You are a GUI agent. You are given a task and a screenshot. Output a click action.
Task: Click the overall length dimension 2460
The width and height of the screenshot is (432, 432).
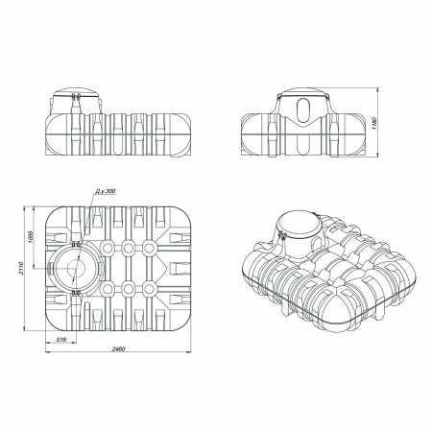pyautogui.click(x=118, y=348)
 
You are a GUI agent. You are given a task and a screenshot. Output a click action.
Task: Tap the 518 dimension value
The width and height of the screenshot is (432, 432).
pyautogui.click(x=60, y=340)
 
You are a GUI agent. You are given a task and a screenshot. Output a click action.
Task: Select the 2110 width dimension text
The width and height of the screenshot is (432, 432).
pyautogui.click(x=21, y=269)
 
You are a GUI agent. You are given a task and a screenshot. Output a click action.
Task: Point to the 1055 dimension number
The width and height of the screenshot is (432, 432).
pyautogui.click(x=31, y=236)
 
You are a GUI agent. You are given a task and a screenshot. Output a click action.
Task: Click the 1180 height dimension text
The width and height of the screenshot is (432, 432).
pyautogui.click(x=375, y=123)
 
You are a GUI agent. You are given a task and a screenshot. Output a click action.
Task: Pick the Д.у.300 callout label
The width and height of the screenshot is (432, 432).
pyautogui.click(x=106, y=191)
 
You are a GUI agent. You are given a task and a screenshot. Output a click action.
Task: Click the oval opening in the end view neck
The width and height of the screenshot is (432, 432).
pyautogui.click(x=303, y=110)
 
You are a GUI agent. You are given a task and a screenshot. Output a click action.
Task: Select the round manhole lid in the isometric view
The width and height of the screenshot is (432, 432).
pyautogui.click(x=300, y=223)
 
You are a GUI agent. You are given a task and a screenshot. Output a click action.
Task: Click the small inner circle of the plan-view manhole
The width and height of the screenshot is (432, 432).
pyautogui.click(x=76, y=268)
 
